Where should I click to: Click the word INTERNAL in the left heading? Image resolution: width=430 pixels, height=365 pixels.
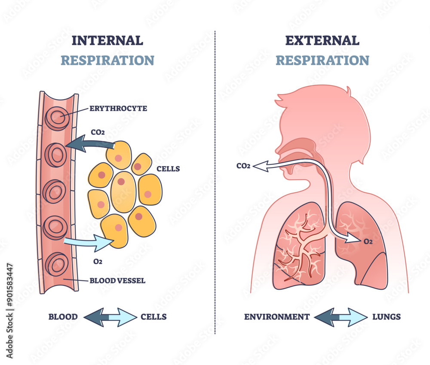coord(107,40)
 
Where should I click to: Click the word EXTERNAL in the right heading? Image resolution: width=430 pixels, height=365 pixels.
coord(322,40)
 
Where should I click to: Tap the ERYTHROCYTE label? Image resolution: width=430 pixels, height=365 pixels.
coord(118,108)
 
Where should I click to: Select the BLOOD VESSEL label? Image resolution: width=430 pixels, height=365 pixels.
coord(117,281)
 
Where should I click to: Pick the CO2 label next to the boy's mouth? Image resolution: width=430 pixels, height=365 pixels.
coord(243,165)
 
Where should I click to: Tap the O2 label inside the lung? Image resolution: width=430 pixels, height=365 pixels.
coord(368,241)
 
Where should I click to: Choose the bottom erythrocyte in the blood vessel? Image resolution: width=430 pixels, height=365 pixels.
coord(57,263)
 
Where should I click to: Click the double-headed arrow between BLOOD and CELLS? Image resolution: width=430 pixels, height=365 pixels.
coord(109,317)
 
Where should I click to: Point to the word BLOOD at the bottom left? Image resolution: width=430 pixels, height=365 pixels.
coord(63,317)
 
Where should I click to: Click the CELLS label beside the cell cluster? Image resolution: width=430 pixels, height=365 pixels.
coord(168,168)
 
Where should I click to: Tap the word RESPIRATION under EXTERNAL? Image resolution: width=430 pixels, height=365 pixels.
coord(322,60)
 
